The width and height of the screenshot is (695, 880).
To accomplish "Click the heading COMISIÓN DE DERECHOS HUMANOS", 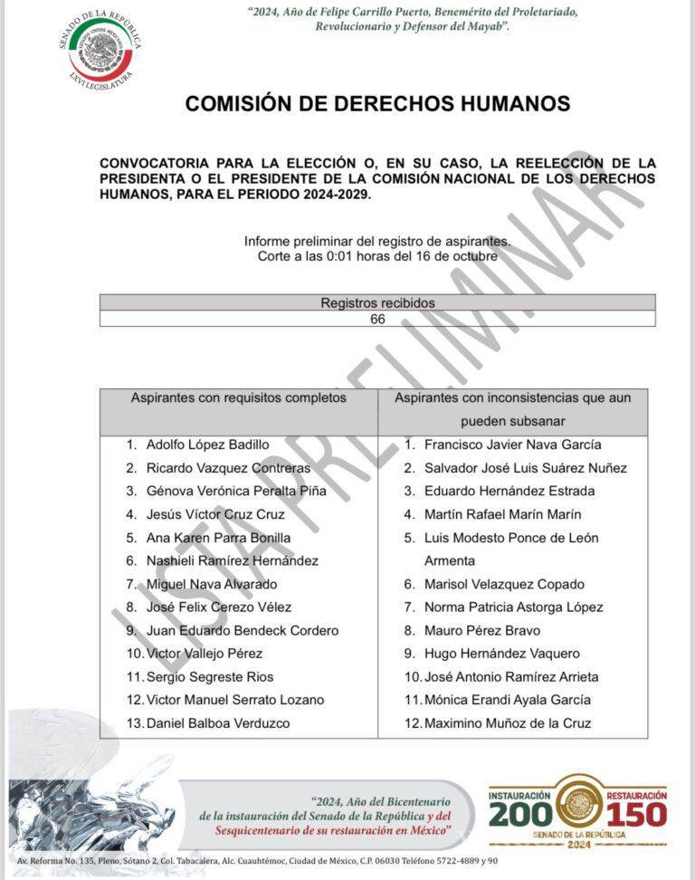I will pos(377,103).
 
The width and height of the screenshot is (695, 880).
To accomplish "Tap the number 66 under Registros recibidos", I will pos(377,319).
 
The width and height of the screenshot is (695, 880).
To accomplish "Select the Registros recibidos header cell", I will pos(377,302).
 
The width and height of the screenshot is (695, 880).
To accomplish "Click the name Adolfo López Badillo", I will pos(208,445).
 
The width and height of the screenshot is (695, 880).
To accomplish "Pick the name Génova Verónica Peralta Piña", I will pos(236,491).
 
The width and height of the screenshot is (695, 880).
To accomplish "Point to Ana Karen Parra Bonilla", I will pos(218,538).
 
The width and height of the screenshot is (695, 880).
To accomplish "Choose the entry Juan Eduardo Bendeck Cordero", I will pos(243,630).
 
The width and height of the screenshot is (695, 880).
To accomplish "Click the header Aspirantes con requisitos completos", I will pos(239,397).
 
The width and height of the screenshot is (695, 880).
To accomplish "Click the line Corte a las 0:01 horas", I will pos(377,256).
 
